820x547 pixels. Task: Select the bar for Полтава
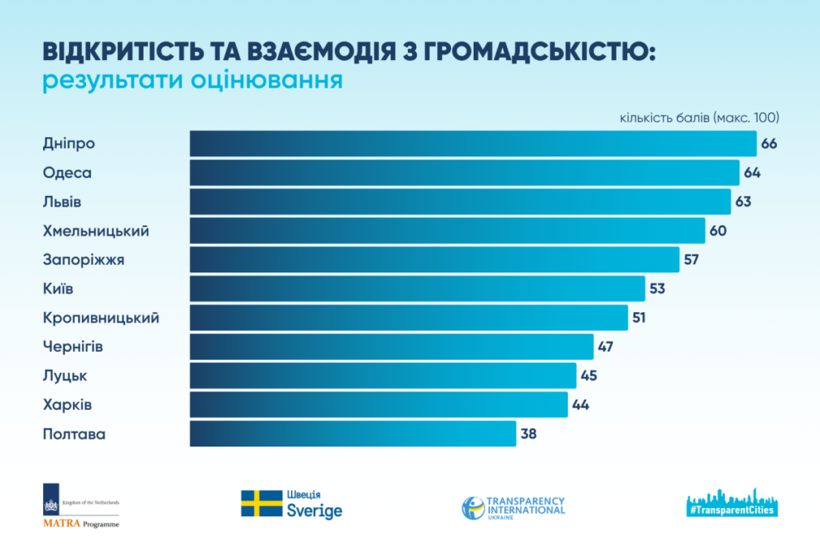click(x=353, y=434)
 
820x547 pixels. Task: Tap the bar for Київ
click(x=417, y=288)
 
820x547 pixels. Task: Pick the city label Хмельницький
click(x=96, y=231)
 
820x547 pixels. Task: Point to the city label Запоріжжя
click(x=84, y=260)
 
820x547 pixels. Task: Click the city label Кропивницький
click(x=101, y=318)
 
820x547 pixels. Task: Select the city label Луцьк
click(x=65, y=376)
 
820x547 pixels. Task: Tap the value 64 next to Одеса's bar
click(x=752, y=173)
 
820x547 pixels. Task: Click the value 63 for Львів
click(x=743, y=202)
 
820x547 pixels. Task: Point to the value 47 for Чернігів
click(x=605, y=347)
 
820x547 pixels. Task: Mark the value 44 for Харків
click(x=580, y=405)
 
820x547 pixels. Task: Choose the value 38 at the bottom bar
click(x=528, y=434)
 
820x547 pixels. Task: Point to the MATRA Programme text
click(x=80, y=524)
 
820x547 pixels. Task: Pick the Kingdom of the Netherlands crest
click(x=50, y=503)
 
